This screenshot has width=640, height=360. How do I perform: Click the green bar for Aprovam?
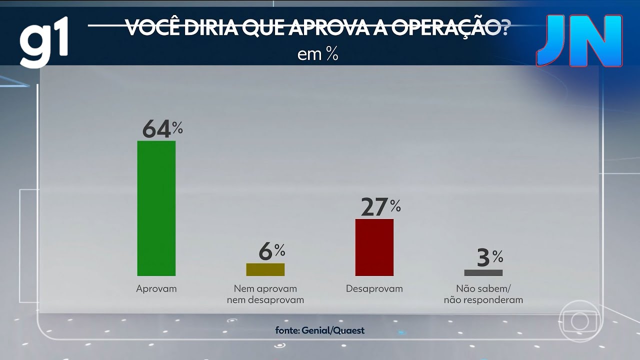pyautogui.click(x=156, y=208)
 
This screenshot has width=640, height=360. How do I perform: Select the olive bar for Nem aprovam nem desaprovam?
pyautogui.click(x=265, y=269)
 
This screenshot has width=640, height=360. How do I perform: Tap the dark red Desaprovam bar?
pyautogui.click(x=374, y=247)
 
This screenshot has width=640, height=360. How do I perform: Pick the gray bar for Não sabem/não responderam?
pyautogui.click(x=483, y=273)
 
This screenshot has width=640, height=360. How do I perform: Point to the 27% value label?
pyautogui.click(x=380, y=207)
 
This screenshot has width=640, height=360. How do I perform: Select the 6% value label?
pyautogui.click(x=271, y=251)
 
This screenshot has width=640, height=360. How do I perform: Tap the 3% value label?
pyautogui.click(x=489, y=258)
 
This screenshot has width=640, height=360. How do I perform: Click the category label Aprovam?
pyautogui.click(x=156, y=289)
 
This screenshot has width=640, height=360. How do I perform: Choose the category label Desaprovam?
pyautogui.click(x=374, y=289)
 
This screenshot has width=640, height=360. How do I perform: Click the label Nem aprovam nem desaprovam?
pyautogui.click(x=265, y=294)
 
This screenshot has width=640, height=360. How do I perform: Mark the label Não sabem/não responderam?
pyautogui.click(x=483, y=294)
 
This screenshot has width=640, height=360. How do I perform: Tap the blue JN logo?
pyautogui.click(x=579, y=41)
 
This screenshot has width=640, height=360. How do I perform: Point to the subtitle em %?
pyautogui.click(x=318, y=54)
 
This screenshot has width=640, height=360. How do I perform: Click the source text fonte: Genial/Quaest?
pyautogui.click(x=320, y=330)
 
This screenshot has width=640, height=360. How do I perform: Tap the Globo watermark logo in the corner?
pyautogui.click(x=579, y=321)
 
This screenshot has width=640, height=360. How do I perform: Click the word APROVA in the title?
pyautogui.click(x=335, y=28)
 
